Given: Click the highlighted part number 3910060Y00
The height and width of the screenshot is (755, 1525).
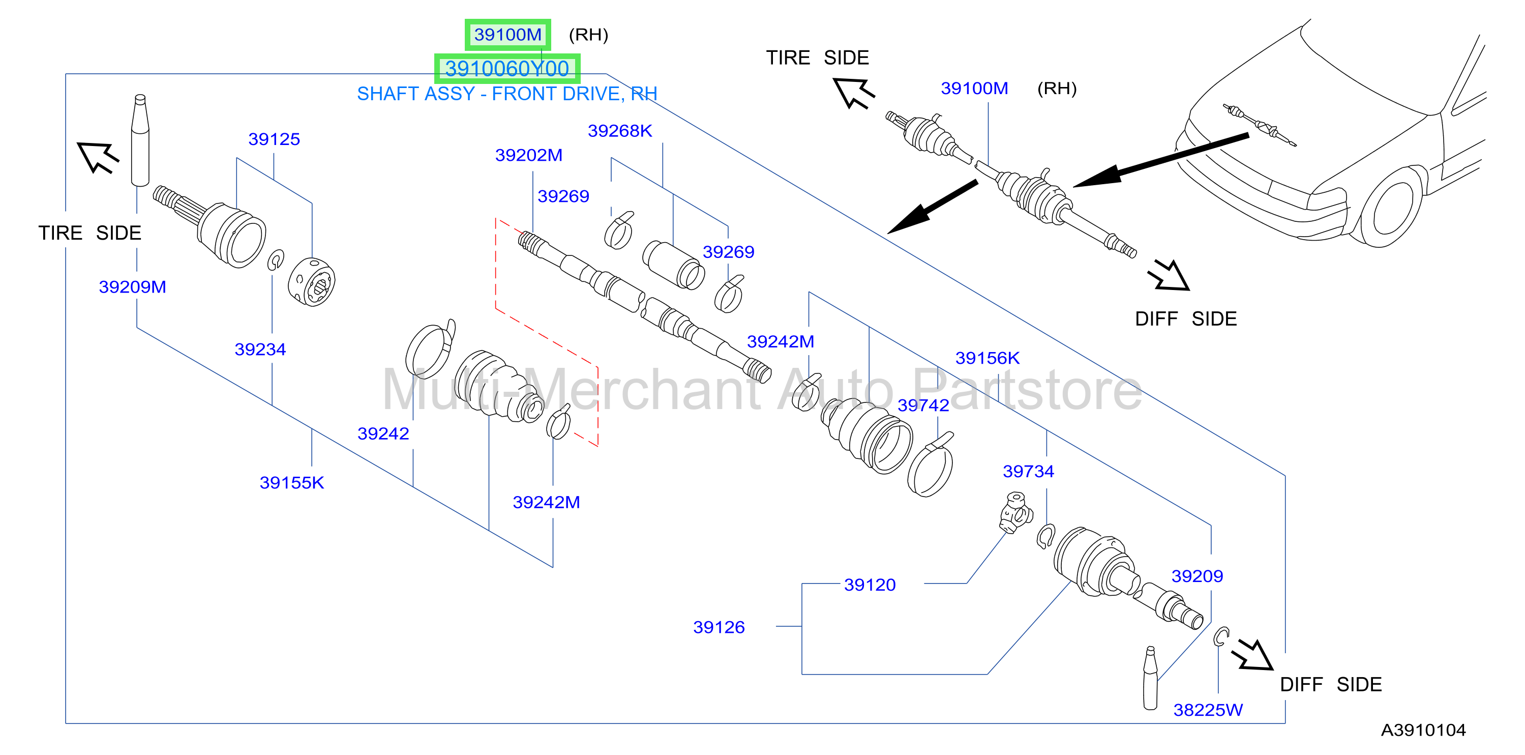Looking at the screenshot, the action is [x=507, y=69].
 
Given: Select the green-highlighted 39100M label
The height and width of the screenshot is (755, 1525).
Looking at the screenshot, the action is [x=508, y=35].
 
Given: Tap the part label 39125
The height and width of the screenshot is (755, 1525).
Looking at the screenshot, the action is [x=274, y=139].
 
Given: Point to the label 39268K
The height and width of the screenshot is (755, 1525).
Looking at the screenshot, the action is [x=620, y=130].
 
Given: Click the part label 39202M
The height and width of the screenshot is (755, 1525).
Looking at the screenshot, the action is [x=529, y=155].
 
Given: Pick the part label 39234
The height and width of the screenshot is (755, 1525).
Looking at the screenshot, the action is [x=260, y=350].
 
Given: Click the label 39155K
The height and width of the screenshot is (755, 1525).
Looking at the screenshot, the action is [x=292, y=483].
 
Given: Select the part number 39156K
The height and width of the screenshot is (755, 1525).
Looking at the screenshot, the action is [x=988, y=358].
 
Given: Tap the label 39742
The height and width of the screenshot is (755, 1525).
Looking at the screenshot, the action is [x=923, y=405].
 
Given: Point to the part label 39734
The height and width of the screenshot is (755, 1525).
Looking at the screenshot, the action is [x=1028, y=471].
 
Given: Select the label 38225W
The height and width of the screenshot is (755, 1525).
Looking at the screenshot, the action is [x=1208, y=710].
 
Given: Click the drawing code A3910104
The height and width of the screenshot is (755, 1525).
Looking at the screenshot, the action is [x=1423, y=730].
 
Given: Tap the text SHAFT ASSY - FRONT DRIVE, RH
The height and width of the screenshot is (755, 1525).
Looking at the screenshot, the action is [x=507, y=94].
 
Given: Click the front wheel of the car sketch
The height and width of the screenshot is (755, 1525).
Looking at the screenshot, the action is [x=1391, y=207].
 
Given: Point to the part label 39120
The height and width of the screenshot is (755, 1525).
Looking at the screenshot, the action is [x=870, y=585].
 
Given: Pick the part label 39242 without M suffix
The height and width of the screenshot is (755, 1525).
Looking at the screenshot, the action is [x=383, y=433].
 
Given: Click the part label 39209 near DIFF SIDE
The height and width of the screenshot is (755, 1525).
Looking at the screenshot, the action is [x=1197, y=576].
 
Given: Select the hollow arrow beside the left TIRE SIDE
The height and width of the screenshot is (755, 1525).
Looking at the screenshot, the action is [x=98, y=157].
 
